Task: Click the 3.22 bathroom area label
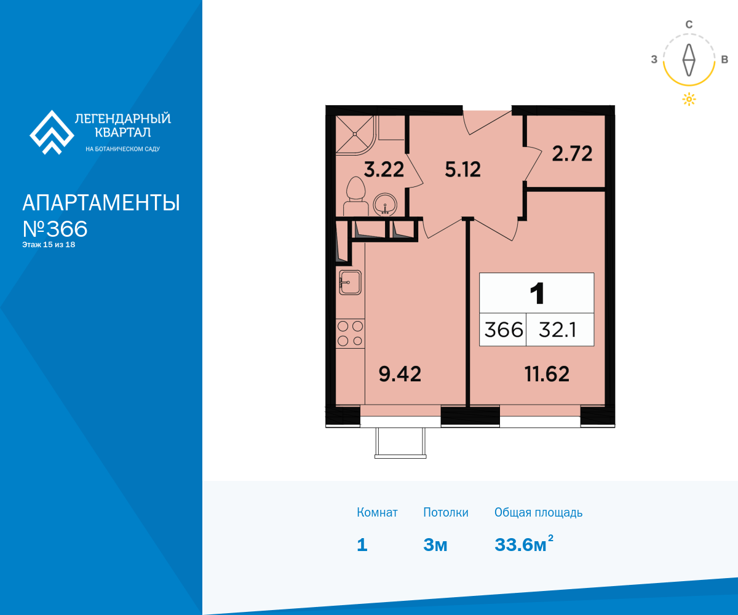pos(384,169)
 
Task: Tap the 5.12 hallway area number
pos(462,169)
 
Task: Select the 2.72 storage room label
pos(572,154)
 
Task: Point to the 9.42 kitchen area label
pos(400,374)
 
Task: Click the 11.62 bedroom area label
pos(547,374)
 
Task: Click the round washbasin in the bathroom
pos(385,204)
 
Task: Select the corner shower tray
pos(354,135)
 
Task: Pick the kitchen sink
pos(350,282)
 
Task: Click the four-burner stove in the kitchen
pos(350,334)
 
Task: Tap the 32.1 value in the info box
pos(557,330)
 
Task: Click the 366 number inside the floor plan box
pos(503,330)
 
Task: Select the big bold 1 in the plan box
pos(537,293)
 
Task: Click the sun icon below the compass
pos(689,99)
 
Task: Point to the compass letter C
pos(689,25)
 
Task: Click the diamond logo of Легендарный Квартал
pos(52,132)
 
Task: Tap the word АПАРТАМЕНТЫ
pos(101,202)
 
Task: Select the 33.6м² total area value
pos(524,544)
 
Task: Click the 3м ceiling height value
pos(435,545)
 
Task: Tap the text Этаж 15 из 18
pos(49,245)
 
